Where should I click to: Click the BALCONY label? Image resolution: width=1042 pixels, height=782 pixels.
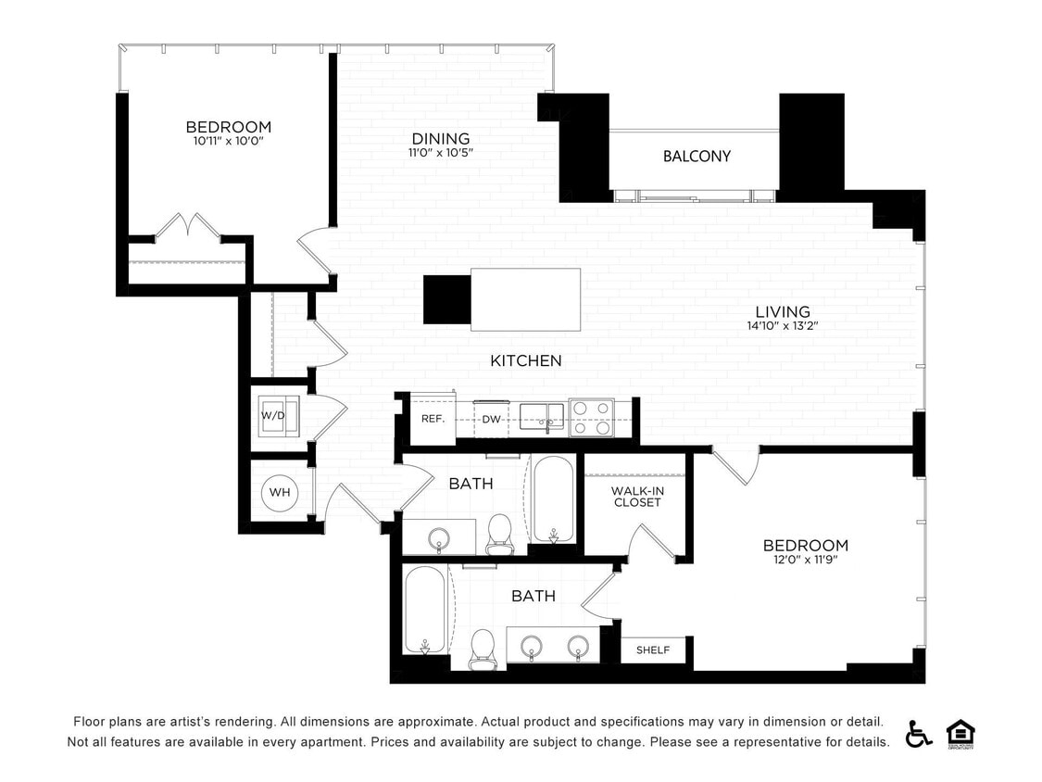(x=697, y=157)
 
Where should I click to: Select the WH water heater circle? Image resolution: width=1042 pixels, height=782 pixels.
(x=280, y=492)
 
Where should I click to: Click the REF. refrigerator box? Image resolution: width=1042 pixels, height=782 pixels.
(x=433, y=419)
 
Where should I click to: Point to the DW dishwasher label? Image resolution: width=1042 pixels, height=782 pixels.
(x=491, y=420)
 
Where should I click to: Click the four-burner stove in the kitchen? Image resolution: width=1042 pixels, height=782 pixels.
(x=591, y=418)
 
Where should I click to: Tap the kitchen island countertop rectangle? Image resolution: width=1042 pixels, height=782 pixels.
(x=525, y=299)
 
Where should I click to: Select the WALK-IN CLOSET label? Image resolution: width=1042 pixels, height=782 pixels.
(x=636, y=497)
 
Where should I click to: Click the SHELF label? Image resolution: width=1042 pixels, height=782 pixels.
(x=653, y=650)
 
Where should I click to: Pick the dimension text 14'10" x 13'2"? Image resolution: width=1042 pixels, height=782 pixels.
(x=783, y=326)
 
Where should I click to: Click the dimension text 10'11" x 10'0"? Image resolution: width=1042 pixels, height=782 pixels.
(x=228, y=142)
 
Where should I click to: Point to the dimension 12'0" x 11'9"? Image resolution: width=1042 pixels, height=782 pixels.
(x=805, y=560)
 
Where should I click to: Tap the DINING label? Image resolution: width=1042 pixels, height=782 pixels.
(x=441, y=139)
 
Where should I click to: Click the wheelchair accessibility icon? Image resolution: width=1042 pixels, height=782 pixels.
(x=918, y=733)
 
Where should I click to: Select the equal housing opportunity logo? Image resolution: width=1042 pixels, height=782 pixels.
(x=960, y=733)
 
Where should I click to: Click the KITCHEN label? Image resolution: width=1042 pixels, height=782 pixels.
(x=526, y=360)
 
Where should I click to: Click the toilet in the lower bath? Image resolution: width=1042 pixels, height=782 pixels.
(x=483, y=648)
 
